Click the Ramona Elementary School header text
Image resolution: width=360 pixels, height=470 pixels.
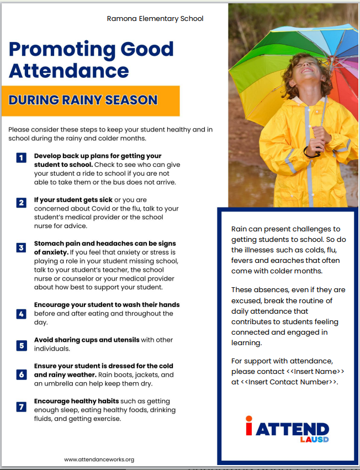155,19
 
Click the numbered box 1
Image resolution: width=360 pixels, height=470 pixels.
21,158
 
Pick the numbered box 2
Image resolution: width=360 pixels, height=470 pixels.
21,202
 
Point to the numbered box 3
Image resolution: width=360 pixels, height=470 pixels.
21,247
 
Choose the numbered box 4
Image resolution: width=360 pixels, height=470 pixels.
21,314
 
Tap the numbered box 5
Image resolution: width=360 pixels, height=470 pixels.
21,345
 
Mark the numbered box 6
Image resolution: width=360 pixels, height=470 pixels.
21,374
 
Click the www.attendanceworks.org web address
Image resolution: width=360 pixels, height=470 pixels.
99,459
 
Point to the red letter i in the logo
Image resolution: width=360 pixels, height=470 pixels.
249,428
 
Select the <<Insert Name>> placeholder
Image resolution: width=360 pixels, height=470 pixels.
316,371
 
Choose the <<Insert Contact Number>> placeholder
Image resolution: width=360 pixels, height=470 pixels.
289,382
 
